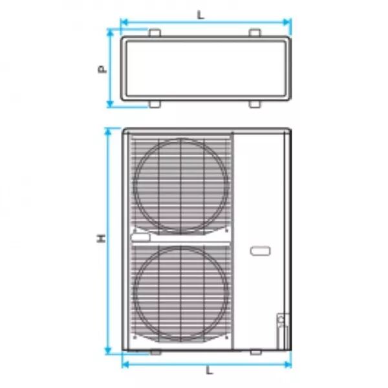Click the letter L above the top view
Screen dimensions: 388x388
pyautogui.click(x=200, y=15)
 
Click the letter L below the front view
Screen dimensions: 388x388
pyautogui.click(x=210, y=371)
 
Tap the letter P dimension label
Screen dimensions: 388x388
pyautogui.click(x=102, y=69)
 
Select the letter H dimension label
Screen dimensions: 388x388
pyautogui.click(x=102, y=239)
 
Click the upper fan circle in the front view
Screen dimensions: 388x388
pyautogui.click(x=134, y=186)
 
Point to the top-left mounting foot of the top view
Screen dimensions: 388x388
pyautogui.click(x=155, y=33)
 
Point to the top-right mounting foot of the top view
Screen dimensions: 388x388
pyautogui.click(x=255, y=33)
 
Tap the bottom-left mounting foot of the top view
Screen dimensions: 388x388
pyautogui.click(x=155, y=104)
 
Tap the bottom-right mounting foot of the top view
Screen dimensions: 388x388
pyautogui.click(x=255, y=104)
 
